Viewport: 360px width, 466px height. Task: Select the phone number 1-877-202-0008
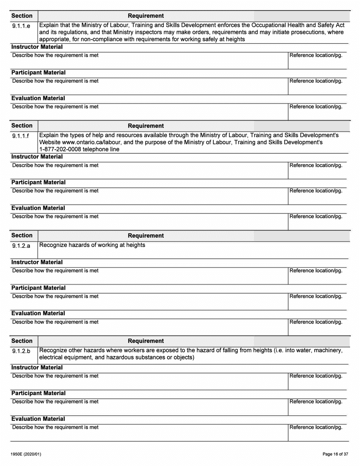pyautogui.click(x=61, y=149)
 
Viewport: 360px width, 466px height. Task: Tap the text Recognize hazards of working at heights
pyautogui.click(x=92, y=245)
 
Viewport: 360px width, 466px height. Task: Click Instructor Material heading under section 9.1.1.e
pyautogui.click(x=37, y=47)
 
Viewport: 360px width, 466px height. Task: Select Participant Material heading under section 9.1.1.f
pyautogui.click(x=38, y=182)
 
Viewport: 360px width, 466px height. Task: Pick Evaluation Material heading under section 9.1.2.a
pyautogui.click(x=38, y=313)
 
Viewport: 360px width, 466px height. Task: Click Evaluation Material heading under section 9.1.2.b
pyautogui.click(x=38, y=419)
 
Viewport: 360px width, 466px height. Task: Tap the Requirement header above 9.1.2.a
pyautogui.click(x=146, y=236)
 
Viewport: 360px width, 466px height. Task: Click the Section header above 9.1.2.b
pyautogui.click(x=22, y=341)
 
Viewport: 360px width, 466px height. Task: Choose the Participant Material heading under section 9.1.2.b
pyautogui.click(x=38, y=393)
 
